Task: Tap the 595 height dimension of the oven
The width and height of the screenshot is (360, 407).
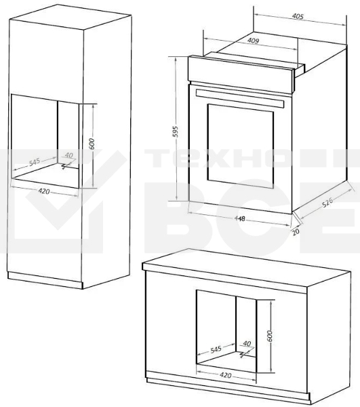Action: pos(174,132)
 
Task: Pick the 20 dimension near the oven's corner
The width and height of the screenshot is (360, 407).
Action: pos(296,231)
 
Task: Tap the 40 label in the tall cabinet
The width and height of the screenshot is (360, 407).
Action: pos(68,155)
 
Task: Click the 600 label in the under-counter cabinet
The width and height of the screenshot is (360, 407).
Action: pos(269,334)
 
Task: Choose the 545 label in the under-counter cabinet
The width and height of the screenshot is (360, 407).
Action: pos(216,350)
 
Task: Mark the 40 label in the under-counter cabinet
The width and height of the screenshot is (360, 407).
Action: pos(247,344)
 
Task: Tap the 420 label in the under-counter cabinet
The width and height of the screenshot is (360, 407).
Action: pos(225,374)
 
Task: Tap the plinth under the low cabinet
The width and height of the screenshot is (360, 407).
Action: pos(231,394)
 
